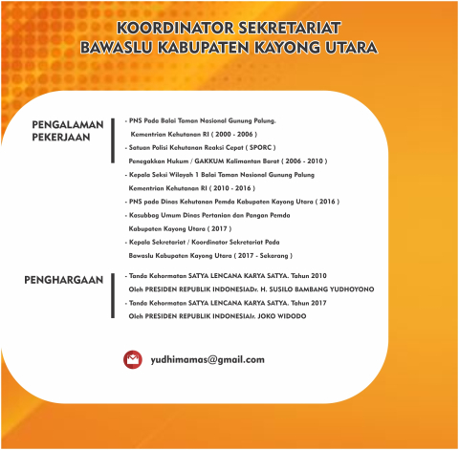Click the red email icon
[x=132, y=359]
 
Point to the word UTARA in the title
[x=348, y=47]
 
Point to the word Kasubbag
[x=145, y=216]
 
